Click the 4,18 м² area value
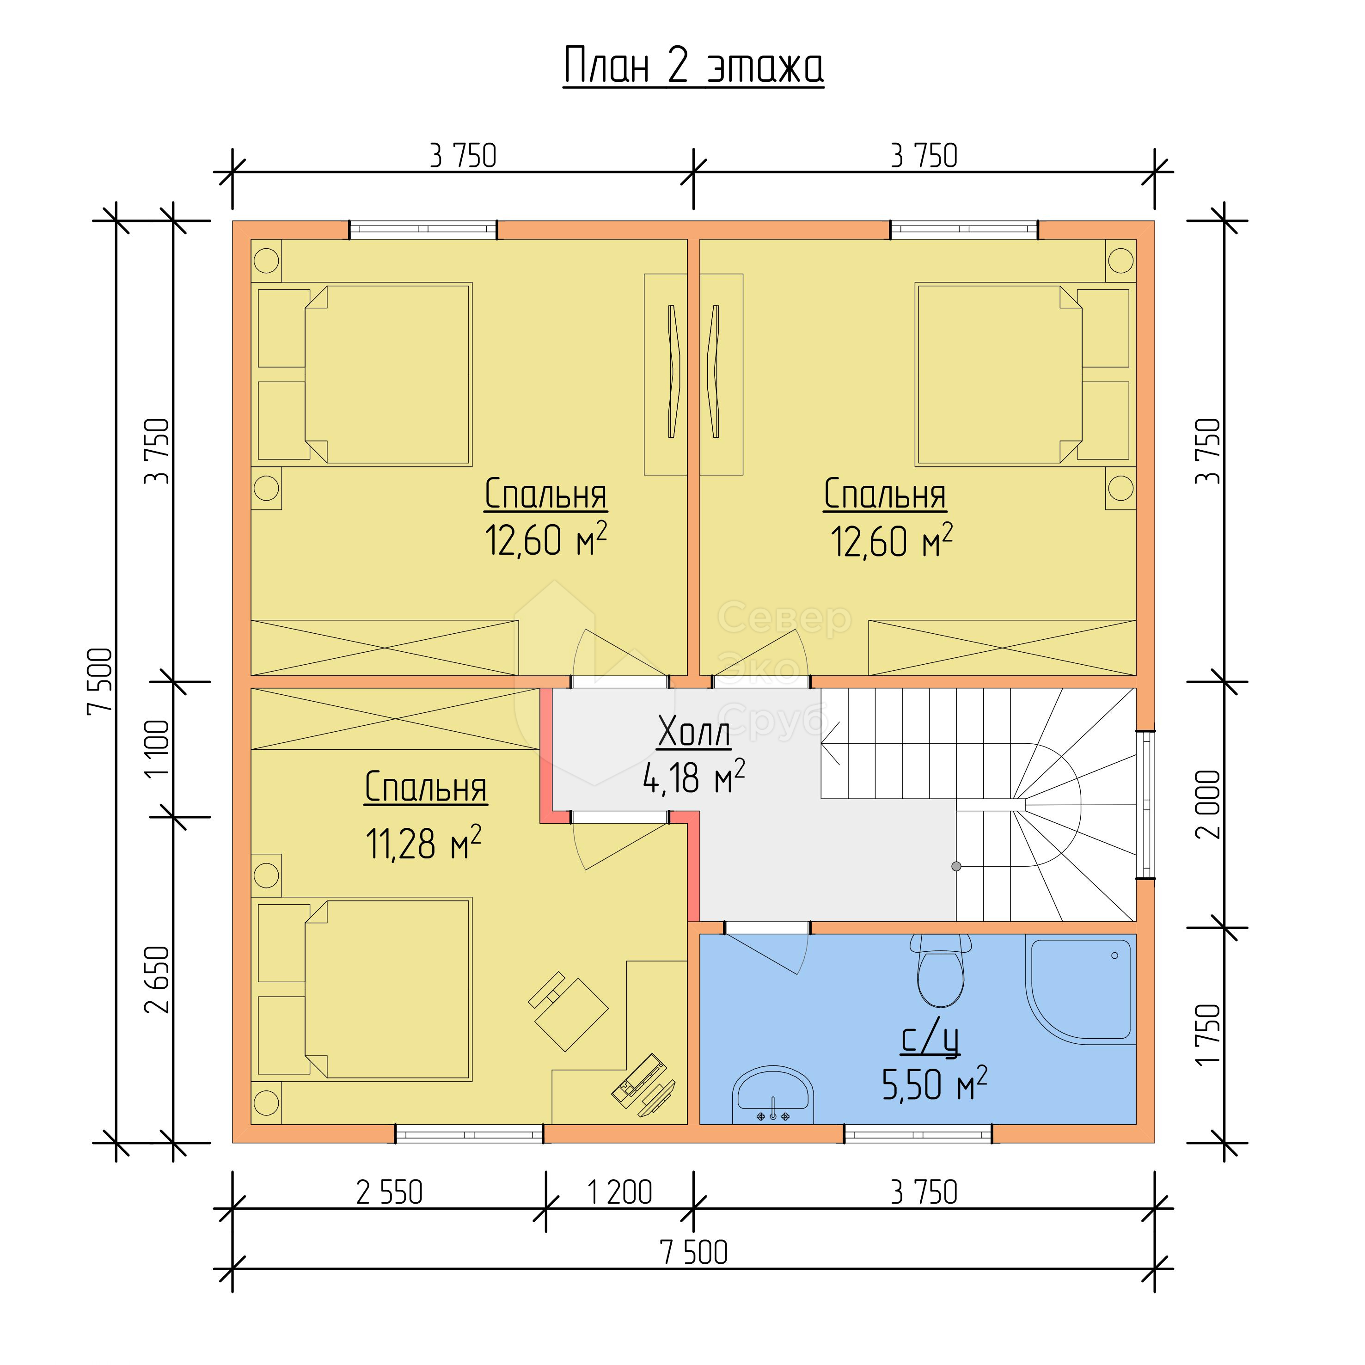(694, 777)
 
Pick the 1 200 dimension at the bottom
(619, 1193)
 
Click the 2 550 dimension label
(389, 1193)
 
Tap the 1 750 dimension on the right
(1208, 1034)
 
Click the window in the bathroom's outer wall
(918, 1134)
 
